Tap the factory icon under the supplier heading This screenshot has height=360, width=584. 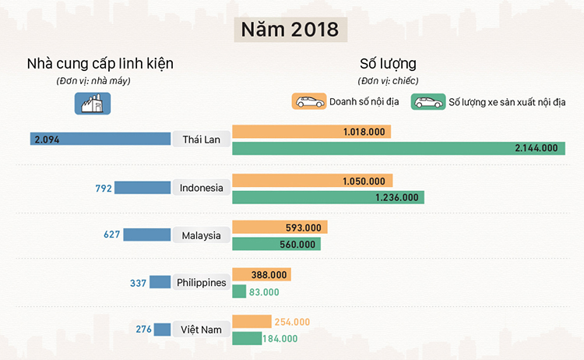(93, 103)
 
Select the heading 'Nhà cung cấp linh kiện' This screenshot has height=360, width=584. (100, 63)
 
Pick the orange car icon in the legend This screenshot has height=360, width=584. (309, 102)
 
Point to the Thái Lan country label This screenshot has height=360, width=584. (202, 139)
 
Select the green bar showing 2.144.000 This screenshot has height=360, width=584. (398, 148)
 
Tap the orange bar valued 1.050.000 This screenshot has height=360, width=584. (312, 181)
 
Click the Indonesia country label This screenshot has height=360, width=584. (202, 188)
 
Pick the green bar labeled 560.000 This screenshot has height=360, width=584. (276, 244)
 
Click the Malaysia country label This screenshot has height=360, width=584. (202, 235)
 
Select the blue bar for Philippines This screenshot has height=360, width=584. (160, 282)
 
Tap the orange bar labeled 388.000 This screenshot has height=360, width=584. (261, 274)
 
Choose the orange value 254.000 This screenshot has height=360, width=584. (292, 322)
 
